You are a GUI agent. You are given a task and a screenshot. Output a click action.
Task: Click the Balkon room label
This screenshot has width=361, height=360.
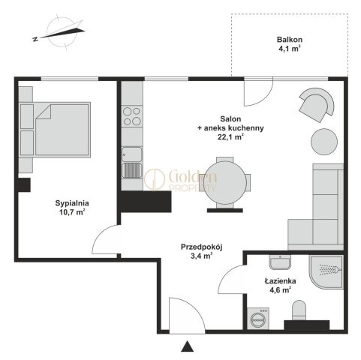pyautogui.click(x=290, y=40)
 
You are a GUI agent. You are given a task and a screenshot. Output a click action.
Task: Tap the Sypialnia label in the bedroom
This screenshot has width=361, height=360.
pyautogui.click(x=72, y=203)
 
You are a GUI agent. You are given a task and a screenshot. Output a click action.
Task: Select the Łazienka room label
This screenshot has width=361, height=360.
pyautogui.click(x=280, y=281)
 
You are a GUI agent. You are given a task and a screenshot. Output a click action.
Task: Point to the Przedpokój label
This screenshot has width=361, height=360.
pyautogui.click(x=202, y=247)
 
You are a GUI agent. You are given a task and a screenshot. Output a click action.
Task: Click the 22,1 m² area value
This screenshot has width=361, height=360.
pyautogui.click(x=230, y=137)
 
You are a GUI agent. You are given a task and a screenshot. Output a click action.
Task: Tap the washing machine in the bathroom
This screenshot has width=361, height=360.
pyautogui.click(x=258, y=318)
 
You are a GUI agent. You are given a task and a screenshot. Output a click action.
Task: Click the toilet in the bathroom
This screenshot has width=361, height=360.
pyautogui.click(x=299, y=310)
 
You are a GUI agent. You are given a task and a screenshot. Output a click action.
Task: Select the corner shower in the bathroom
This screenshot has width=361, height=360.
pyautogui.click(x=326, y=272)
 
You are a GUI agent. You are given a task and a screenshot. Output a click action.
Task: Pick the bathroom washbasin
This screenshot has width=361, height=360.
pyautogui.click(x=280, y=262)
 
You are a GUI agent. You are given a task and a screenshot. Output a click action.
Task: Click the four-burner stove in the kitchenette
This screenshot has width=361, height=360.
pyautogui.click(x=132, y=116)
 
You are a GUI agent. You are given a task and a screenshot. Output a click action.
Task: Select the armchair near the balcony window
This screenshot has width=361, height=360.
pyautogui.click(x=317, y=104)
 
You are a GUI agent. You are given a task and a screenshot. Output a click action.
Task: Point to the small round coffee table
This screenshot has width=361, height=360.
pyautogui.click(x=324, y=142)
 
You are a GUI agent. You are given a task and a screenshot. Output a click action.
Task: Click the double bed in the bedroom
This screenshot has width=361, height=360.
pyautogui.click(x=55, y=130)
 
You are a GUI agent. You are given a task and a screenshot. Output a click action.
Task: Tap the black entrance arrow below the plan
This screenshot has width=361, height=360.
pyautogui.click(x=188, y=346)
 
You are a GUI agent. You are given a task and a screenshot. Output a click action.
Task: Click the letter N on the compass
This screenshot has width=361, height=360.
pyautogui.click(x=35, y=39)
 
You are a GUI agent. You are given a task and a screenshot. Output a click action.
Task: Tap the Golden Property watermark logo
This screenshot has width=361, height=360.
pyautogui.click(x=180, y=178)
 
